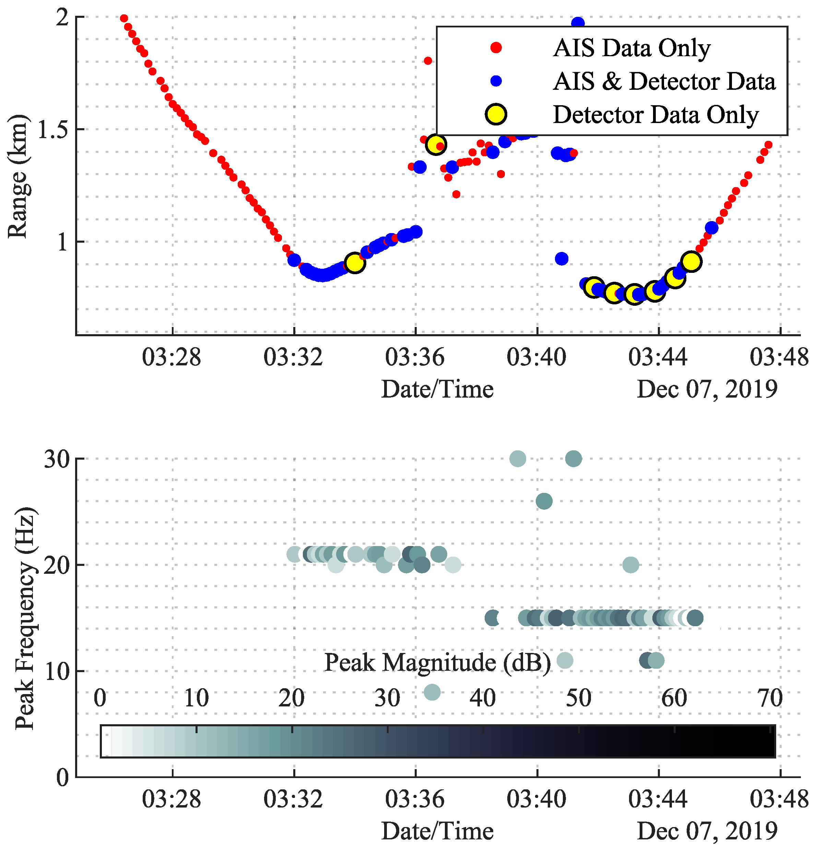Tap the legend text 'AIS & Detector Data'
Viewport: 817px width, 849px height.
(x=664, y=82)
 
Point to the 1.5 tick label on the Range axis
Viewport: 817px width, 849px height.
(x=53, y=129)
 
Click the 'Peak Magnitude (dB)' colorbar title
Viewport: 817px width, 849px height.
(x=437, y=662)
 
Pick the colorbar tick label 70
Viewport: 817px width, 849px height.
(x=770, y=698)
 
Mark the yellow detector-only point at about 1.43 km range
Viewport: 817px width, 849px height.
(x=436, y=144)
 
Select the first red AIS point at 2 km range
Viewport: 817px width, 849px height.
(x=124, y=18)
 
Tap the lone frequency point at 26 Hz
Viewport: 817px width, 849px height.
(x=544, y=501)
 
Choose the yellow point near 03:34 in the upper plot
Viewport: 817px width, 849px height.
(x=355, y=263)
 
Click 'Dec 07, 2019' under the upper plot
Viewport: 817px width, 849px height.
(x=707, y=389)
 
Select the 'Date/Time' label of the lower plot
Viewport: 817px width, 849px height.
(x=437, y=831)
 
